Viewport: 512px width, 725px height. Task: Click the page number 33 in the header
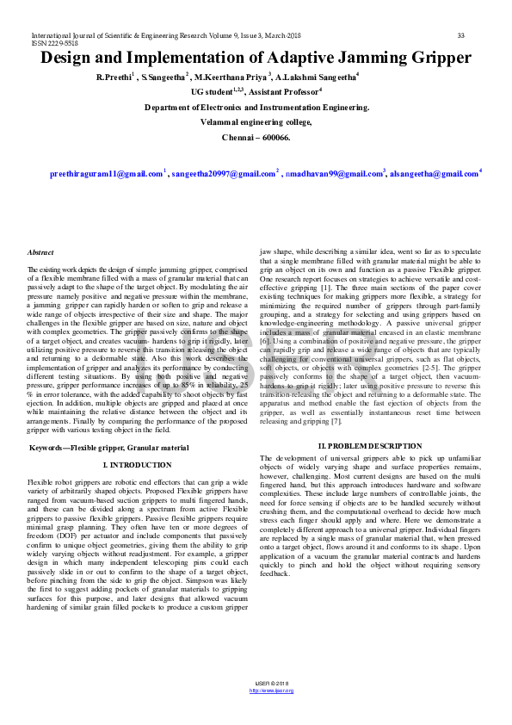click(460, 35)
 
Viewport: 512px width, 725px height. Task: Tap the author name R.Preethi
click(114, 77)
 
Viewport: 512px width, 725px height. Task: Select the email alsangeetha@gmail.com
click(434, 174)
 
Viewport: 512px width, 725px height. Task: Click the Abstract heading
click(40, 252)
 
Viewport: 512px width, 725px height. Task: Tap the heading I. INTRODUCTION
click(138, 464)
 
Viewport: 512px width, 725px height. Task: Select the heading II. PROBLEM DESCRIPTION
click(370, 446)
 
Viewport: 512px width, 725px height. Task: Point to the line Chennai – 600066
click(256, 137)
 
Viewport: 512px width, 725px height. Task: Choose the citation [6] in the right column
click(265, 342)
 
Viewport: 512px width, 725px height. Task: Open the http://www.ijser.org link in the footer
click(271, 691)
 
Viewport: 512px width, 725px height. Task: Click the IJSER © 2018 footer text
click(271, 684)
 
